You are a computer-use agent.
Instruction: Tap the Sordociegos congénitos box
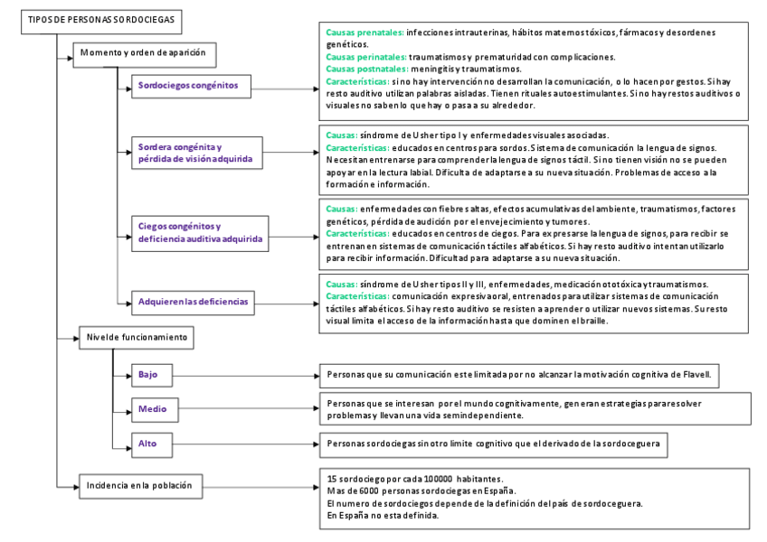[187, 86]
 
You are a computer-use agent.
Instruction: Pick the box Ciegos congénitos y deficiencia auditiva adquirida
[200, 233]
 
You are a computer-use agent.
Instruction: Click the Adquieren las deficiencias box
[192, 301]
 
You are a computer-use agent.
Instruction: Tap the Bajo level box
[152, 374]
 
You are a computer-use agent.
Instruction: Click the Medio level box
[152, 409]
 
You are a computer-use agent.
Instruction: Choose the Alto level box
[152, 444]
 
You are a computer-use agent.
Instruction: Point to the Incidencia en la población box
[139, 485]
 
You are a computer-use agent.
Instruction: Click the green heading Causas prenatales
[365, 33]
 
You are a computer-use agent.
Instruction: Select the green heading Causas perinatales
[366, 56]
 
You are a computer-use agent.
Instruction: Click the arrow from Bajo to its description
[244, 375]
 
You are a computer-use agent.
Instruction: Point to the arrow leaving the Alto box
[244, 444]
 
